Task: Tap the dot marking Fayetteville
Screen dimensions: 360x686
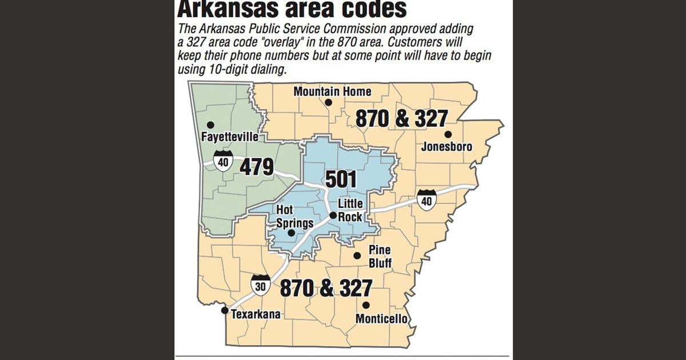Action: coord(210,125)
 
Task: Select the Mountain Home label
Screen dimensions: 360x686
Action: coord(332,91)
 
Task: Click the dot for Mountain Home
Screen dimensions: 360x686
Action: coord(329,103)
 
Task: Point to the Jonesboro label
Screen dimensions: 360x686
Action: coord(446,147)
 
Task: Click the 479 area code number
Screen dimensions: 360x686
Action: coord(257,167)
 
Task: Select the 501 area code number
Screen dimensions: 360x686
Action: coord(341,179)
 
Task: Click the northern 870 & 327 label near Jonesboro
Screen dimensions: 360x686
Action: coord(401,118)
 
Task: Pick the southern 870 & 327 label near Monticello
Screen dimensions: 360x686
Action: coord(326,288)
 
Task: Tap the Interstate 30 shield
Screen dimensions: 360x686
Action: coord(260,285)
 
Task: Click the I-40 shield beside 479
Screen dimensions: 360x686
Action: coord(223,161)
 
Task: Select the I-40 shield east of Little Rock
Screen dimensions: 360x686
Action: coord(426,199)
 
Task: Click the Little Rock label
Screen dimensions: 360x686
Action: coord(350,210)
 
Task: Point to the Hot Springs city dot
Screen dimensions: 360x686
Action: coord(290,233)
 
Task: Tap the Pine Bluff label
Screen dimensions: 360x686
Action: coord(380,257)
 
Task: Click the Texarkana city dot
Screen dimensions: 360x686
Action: coord(225,310)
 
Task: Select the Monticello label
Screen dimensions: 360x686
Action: coord(381,319)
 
